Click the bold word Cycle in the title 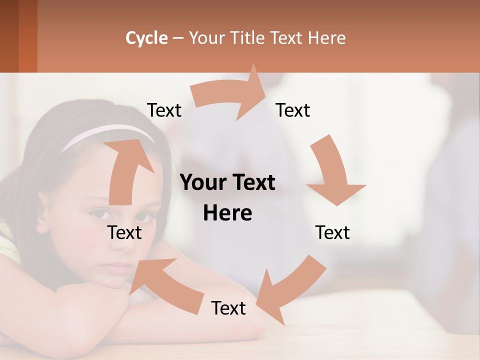pyautogui.click(x=146, y=38)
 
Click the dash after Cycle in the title pyautogui.click(x=178, y=38)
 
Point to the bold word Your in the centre pyautogui.click(x=201, y=183)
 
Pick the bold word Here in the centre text pyautogui.click(x=227, y=213)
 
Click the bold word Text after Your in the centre pyautogui.click(x=254, y=183)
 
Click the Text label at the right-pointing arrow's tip pyautogui.click(x=293, y=110)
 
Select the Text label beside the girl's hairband pyautogui.click(x=164, y=110)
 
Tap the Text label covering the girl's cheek pyautogui.click(x=125, y=232)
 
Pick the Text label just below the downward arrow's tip pyautogui.click(x=332, y=232)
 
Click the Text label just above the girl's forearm pyautogui.click(x=228, y=308)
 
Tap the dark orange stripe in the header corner pyautogui.click(x=27, y=35)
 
